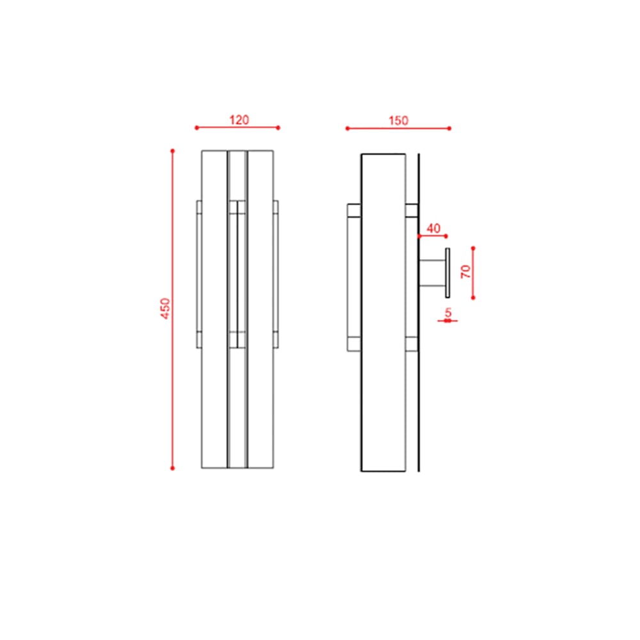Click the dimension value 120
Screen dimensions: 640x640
[239, 120]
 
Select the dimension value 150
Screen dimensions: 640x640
[397, 120]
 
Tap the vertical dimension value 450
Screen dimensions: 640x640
[165, 309]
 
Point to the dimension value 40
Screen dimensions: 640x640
[433, 228]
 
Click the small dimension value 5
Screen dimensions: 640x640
[448, 312]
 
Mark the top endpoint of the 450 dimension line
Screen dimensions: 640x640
[172, 151]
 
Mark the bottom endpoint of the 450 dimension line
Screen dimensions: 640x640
[172, 468]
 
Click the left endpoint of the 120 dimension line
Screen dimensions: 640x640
[196, 128]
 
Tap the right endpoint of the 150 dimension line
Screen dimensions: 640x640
[449, 129]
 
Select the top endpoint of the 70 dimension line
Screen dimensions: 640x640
[473, 248]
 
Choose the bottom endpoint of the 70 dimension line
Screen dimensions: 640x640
[473, 298]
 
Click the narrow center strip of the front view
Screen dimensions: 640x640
[237, 397]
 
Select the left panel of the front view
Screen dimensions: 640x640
[214, 397]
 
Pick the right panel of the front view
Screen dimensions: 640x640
[260, 397]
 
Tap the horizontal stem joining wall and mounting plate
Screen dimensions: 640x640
[432, 272]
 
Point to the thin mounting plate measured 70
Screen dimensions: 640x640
[447, 272]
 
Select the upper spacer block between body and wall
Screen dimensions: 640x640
[412, 211]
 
